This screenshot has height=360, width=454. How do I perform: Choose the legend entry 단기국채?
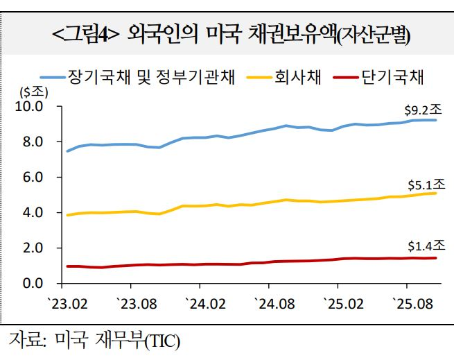click(393, 77)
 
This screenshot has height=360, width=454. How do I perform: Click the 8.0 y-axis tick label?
click(32, 142)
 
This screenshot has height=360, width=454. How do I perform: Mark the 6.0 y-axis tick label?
click(32, 178)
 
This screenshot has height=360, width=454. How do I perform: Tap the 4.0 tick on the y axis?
click(32, 212)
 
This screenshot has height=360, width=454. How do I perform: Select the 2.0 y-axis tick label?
click(32, 248)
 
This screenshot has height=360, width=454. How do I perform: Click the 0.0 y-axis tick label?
click(32, 283)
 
